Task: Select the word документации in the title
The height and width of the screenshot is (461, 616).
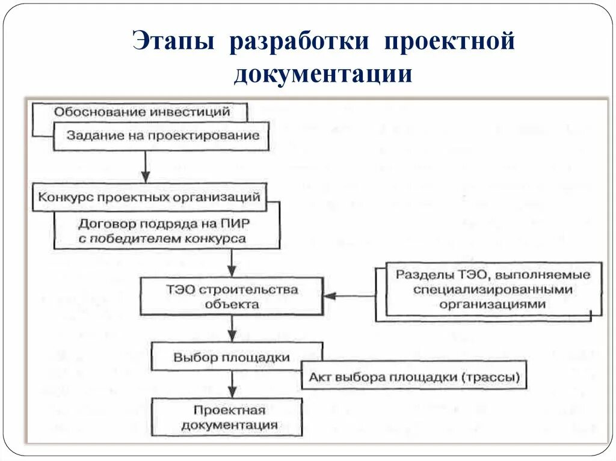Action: coord(324,75)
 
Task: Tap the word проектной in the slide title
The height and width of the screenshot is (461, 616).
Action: coord(449,43)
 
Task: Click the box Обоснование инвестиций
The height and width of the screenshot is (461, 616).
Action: coord(141,112)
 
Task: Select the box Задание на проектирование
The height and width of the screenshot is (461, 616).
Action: coord(163,136)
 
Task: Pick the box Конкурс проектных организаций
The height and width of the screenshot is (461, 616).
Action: coord(149,197)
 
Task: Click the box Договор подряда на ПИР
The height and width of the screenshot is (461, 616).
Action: coord(164,231)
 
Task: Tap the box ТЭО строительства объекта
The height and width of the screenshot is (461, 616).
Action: coord(232,296)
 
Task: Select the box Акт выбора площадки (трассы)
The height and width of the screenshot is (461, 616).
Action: coord(414,377)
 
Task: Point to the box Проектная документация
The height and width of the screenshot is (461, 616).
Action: coord(229,417)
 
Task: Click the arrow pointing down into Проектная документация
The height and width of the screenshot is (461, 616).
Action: coord(232,385)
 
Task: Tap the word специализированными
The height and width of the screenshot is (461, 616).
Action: coord(492,290)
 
